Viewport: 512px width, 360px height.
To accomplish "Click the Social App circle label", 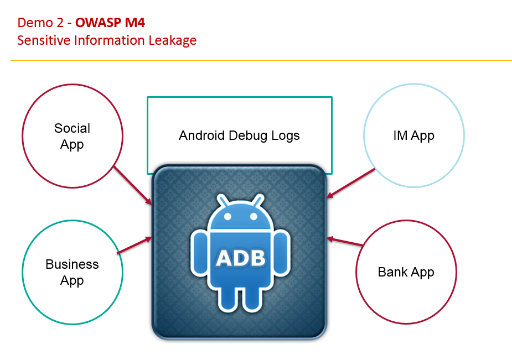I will point(72,136).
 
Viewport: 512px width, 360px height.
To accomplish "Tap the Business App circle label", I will point(72,272).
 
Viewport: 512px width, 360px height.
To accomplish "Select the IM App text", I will point(413,135).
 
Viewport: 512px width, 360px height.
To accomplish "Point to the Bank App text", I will point(406,272).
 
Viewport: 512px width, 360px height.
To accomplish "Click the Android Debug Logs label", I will point(239,135).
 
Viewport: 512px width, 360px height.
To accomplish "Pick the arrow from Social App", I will point(133,185).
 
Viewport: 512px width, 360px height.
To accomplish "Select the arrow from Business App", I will point(135,246).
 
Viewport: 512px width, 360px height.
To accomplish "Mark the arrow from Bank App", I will point(345,242).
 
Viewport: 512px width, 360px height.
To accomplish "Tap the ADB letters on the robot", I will point(240,258).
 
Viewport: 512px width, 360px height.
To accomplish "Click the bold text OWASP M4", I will point(110,23).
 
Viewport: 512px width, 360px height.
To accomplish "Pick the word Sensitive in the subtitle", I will point(40,40).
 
